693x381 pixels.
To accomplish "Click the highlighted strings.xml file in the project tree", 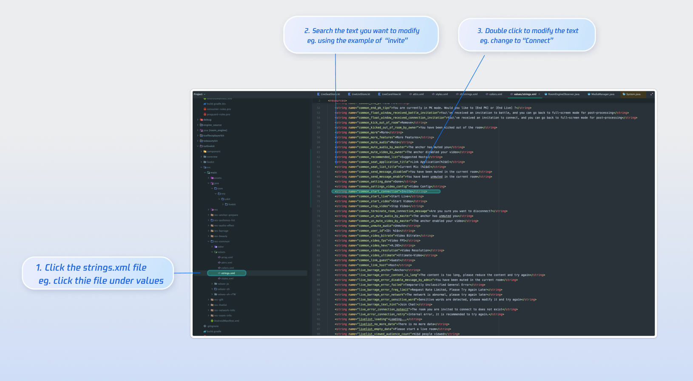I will [x=228, y=273].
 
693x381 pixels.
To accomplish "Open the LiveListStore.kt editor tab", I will [x=361, y=94].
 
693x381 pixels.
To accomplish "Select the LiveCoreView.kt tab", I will [x=391, y=94].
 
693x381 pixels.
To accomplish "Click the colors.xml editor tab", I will [x=495, y=94].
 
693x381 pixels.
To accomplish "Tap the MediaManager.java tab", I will [x=602, y=94].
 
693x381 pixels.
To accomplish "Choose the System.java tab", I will [x=633, y=94].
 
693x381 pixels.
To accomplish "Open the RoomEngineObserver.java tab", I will [x=563, y=94].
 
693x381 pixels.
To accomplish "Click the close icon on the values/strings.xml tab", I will [x=540, y=94].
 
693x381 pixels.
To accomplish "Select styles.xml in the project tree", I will [x=227, y=279].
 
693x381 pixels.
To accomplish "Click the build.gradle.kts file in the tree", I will [x=216, y=104].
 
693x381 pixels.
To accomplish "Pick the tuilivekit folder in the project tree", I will [x=209, y=146].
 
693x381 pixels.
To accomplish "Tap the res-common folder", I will [x=222, y=241].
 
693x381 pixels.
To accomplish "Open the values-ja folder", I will [x=223, y=284].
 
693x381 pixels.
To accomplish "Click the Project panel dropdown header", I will [x=199, y=94].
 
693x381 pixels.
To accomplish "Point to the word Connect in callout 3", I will [x=538, y=41].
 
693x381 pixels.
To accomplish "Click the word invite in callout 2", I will [x=396, y=41].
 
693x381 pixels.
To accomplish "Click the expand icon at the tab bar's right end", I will [x=651, y=94].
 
